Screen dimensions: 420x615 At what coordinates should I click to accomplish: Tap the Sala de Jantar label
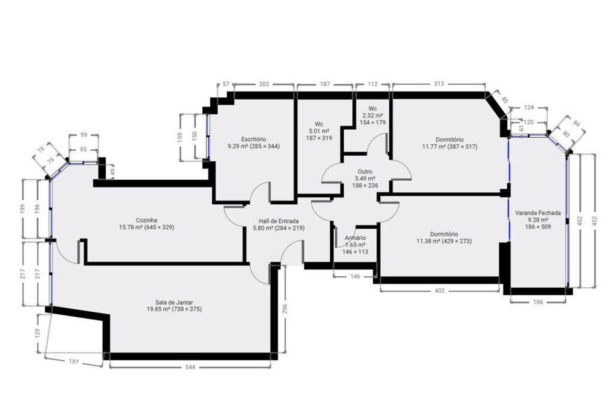click(170, 303)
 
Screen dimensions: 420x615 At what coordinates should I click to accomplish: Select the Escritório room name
click(253, 140)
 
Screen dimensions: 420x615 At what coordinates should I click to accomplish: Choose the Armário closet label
click(355, 238)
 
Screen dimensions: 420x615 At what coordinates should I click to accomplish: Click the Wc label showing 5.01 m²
click(319, 124)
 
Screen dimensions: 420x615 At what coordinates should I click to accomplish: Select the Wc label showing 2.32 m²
click(373, 109)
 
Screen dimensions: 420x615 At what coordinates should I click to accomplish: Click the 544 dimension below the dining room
click(190, 367)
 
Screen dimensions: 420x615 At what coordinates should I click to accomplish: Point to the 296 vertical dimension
click(285, 309)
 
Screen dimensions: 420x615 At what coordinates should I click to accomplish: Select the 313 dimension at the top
click(438, 84)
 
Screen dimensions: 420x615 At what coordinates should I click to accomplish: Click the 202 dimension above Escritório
click(264, 84)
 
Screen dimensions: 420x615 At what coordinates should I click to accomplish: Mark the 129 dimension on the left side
click(38, 333)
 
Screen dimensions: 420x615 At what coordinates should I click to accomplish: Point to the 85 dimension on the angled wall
click(505, 98)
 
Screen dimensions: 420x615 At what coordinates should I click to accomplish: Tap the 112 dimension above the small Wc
click(372, 84)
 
